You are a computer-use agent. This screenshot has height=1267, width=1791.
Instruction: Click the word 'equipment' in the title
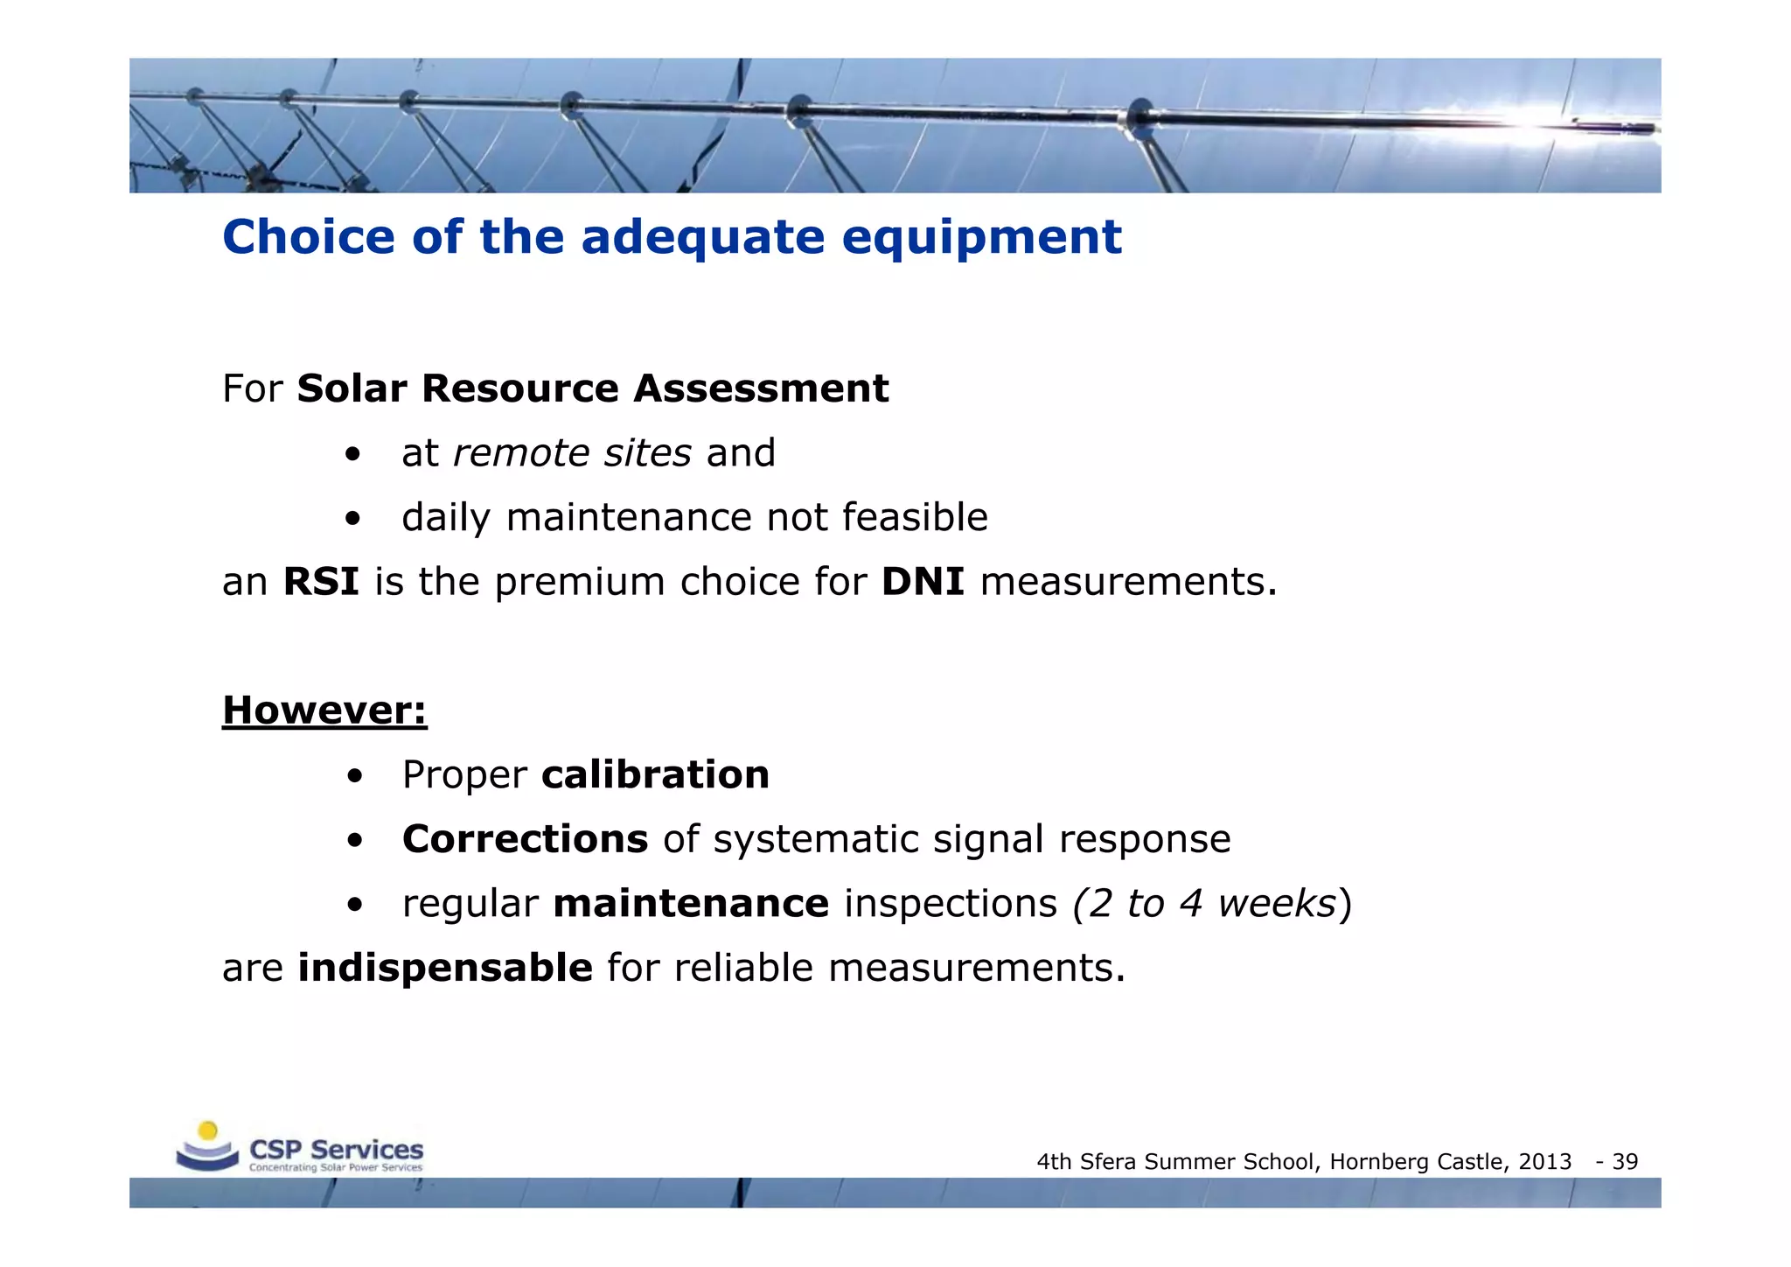[981, 238]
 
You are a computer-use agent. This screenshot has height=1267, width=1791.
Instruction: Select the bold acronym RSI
[321, 582]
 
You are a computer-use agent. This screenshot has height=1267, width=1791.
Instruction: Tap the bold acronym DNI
[923, 582]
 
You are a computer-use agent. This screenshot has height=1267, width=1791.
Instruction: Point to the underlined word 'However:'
[324, 710]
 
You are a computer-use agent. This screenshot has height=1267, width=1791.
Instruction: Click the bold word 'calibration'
[655, 774]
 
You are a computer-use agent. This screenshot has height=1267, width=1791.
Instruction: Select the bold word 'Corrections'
[525, 839]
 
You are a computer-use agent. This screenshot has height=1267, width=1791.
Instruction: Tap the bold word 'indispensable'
[445, 968]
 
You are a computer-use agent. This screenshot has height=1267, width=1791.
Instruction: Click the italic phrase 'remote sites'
[572, 453]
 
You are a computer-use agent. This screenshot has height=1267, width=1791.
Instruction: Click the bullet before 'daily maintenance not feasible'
[352, 519]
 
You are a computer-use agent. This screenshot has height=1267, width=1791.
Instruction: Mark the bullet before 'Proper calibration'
[354, 776]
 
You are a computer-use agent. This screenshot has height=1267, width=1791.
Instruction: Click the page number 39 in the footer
[1625, 1162]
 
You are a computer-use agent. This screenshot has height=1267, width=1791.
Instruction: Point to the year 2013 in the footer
[1545, 1162]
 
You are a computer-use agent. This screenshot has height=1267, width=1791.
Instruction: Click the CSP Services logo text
[336, 1150]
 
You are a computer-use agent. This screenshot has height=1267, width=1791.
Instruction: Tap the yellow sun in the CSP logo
[207, 1130]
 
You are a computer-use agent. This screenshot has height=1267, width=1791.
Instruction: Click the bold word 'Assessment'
[761, 388]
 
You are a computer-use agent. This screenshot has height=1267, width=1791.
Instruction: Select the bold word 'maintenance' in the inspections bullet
[691, 903]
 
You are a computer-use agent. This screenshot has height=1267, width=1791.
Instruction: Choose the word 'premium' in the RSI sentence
[580, 582]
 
